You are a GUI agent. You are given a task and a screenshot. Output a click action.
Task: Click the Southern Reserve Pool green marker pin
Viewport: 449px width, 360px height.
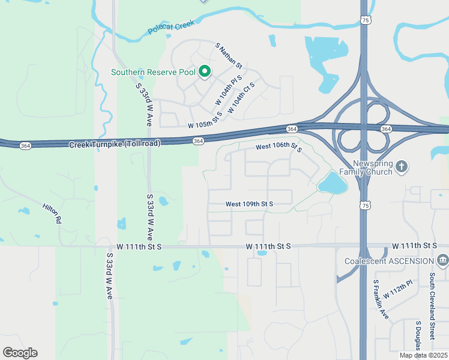204,72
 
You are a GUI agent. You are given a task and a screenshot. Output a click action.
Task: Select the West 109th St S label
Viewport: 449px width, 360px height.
249,204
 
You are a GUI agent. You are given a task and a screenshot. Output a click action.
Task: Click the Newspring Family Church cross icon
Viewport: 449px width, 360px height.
402,165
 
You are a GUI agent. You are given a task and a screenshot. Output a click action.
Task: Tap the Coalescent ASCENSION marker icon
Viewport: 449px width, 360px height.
443,260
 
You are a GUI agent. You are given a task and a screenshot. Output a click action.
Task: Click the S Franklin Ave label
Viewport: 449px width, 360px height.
381,299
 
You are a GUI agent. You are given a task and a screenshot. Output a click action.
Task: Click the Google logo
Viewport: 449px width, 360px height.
20,352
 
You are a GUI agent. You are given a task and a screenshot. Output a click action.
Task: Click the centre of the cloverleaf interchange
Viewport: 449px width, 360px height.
364,128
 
